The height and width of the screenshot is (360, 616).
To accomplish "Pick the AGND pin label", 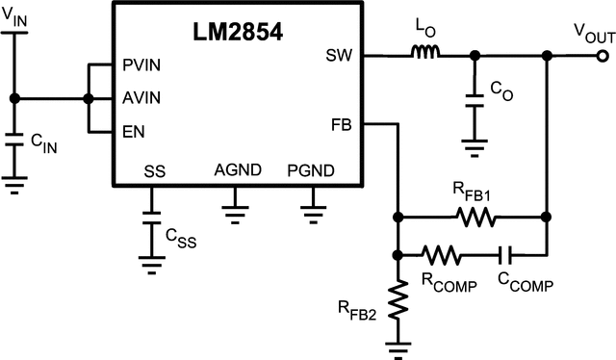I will pyautogui.click(x=237, y=171).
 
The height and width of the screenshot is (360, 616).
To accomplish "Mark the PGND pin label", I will pyautogui.click(x=311, y=171).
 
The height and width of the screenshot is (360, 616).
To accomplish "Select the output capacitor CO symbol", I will pyautogui.click(x=472, y=98).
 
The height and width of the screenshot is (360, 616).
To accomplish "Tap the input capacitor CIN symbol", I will pyautogui.click(x=13, y=141).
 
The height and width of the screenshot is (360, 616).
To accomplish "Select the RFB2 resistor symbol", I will pyautogui.click(x=397, y=300).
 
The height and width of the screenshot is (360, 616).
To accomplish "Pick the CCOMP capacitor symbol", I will pyautogui.click(x=504, y=255).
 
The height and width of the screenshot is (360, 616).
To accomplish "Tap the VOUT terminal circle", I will pyautogui.click(x=603, y=57).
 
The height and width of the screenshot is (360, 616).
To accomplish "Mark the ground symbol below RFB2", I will pyautogui.click(x=397, y=348).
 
